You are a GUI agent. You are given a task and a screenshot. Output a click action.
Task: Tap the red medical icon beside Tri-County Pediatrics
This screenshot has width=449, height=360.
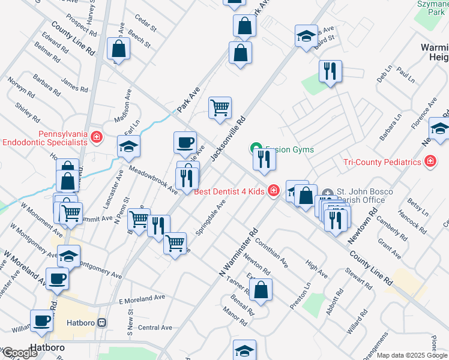tap(429, 161)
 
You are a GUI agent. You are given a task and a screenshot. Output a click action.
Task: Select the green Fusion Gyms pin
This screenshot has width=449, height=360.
tap(255, 149)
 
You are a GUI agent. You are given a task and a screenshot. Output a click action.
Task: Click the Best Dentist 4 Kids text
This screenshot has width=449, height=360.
tap(230, 192)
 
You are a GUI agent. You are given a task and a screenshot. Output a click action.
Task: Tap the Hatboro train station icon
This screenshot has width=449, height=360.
tap(102, 322)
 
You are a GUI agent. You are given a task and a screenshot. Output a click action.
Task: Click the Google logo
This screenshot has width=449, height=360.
tap(19, 353)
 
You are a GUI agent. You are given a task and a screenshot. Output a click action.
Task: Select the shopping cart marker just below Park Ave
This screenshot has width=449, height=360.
tap(220, 108)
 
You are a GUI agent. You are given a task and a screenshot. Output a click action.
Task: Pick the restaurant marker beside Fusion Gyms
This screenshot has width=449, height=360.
tap(264, 160)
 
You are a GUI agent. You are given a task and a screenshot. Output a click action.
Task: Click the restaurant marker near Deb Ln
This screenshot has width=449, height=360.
tap(330, 71)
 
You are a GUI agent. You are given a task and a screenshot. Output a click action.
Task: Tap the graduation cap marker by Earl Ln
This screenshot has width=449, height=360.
tap(128, 146)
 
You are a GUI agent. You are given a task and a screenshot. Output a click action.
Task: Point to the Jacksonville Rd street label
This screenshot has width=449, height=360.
tap(229, 137)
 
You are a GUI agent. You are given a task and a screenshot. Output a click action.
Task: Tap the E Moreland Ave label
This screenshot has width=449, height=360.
tap(142, 298)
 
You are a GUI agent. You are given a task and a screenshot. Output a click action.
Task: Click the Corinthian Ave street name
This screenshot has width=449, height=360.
tap(272, 253)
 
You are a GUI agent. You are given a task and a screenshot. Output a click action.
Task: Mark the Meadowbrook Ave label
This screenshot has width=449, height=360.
tap(153, 181)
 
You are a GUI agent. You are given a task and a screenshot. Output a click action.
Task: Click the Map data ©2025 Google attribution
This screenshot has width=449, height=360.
tap(412, 355)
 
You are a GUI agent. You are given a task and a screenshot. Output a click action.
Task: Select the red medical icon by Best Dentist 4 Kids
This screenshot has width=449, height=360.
tap(274, 191)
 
